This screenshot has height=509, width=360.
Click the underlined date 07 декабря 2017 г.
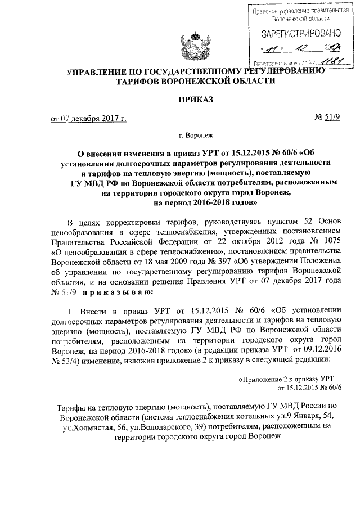[97, 119]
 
